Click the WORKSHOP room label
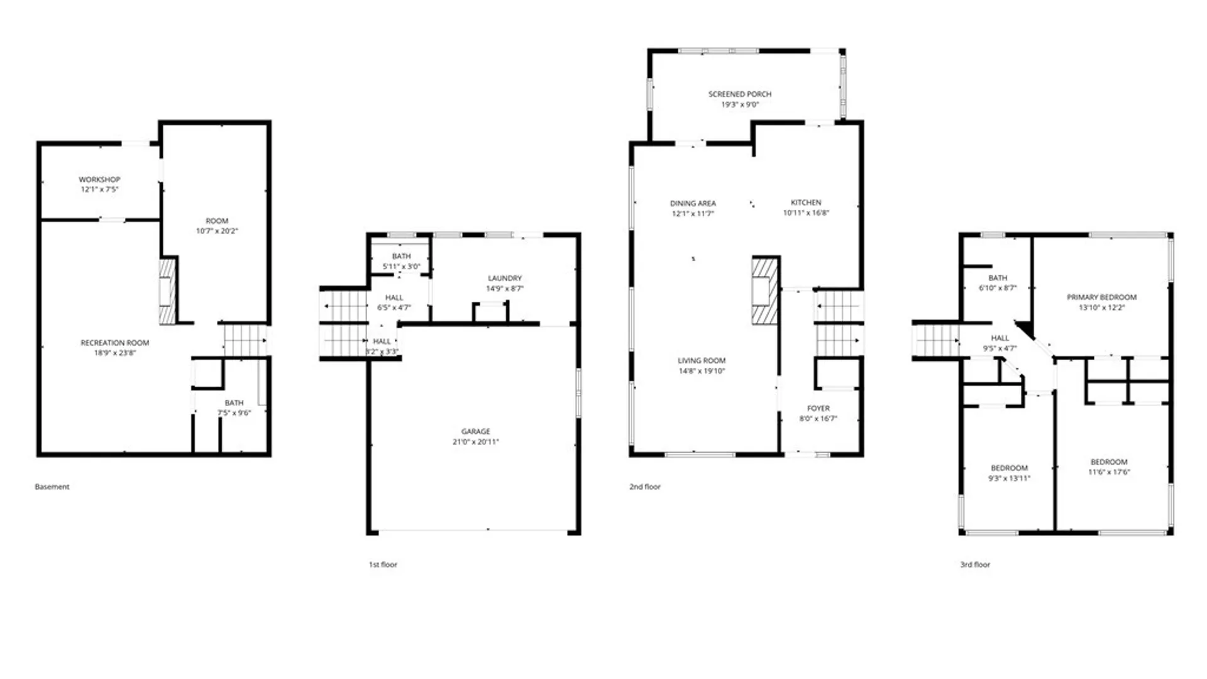click(99, 180)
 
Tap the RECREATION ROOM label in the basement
click(114, 343)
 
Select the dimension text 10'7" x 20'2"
click(217, 231)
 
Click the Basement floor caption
click(52, 487)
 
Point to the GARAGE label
click(475, 431)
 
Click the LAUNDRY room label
click(505, 278)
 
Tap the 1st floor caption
click(383, 565)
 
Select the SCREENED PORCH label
click(740, 94)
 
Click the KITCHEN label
click(806, 202)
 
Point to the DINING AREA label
click(693, 203)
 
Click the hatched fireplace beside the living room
click(764, 290)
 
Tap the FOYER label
click(818, 408)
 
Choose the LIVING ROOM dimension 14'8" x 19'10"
click(702, 371)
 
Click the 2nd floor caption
click(645, 487)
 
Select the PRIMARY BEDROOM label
click(1101, 297)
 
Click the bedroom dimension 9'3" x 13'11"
click(1009, 478)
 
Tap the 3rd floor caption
click(975, 565)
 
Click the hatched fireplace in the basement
click(167, 291)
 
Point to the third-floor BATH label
click(998, 278)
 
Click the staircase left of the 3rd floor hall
click(936, 340)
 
